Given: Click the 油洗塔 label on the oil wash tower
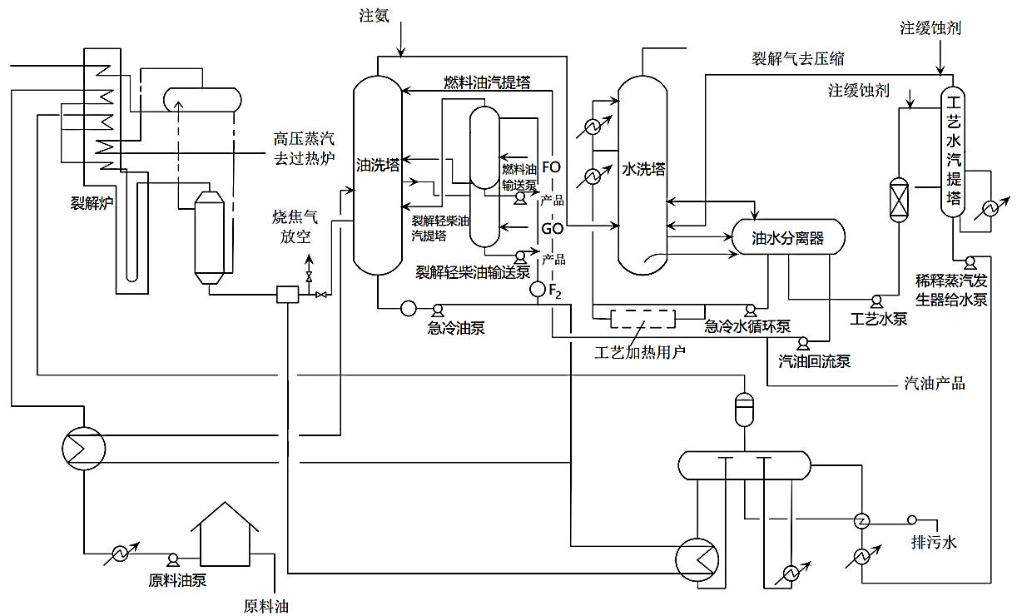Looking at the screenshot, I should point(377,165).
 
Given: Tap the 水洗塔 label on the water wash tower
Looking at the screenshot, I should point(643,170).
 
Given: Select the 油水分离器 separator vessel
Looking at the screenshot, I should point(786,239).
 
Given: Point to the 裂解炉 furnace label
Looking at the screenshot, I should point(92,202).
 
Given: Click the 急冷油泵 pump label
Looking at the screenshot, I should point(456,327).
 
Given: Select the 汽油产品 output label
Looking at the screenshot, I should point(935,384).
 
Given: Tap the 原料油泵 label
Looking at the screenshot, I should point(177,580).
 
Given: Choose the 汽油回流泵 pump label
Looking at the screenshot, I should point(814,362).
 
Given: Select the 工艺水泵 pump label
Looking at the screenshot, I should point(879,318).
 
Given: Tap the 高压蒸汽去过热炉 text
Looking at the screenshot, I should point(305,147).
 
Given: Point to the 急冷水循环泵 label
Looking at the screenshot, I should point(747,325).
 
